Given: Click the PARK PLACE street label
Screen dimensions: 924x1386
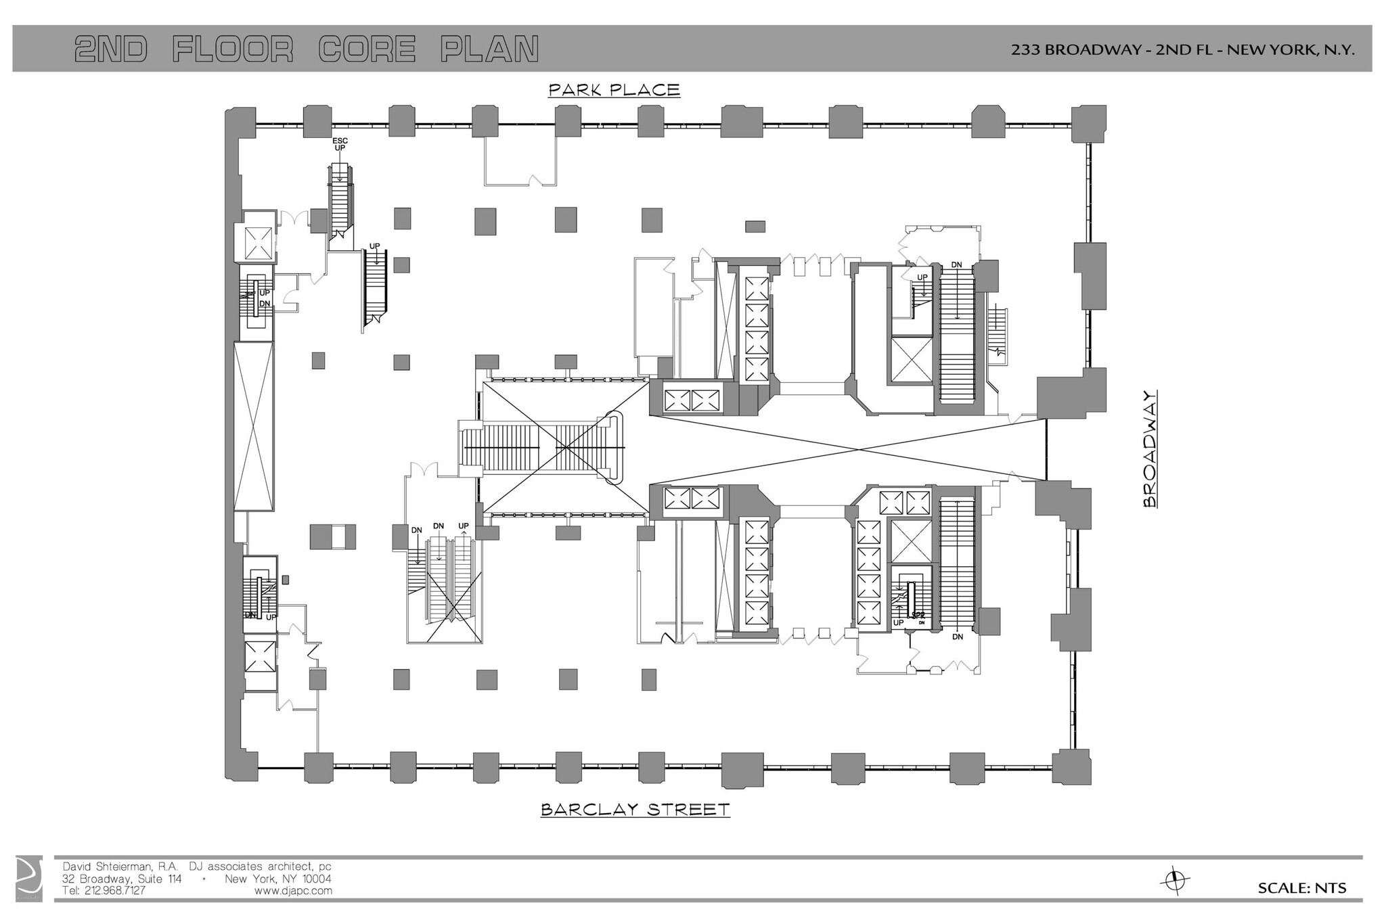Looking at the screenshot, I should tap(614, 90).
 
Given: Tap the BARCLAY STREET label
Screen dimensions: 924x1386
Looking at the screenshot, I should tap(635, 810).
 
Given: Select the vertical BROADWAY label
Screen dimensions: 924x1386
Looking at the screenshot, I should tap(1149, 448).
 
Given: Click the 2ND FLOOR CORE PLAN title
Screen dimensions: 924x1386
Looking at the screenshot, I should tap(307, 49).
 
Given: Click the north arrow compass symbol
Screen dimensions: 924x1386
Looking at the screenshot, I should tap(1176, 881).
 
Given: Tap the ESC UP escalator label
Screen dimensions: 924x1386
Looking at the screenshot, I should tap(340, 144).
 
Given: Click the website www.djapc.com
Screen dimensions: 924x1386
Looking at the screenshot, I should tap(293, 891).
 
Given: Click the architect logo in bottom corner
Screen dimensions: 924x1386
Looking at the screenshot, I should tap(29, 879).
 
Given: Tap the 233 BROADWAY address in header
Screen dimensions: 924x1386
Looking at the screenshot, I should tap(1182, 49).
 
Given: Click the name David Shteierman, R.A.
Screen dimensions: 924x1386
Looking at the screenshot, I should tap(120, 867).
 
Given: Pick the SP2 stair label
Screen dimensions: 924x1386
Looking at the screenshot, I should tap(918, 615).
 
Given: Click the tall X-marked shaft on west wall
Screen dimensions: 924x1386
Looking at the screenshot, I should tap(254, 426).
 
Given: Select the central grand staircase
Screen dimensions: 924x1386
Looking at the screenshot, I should tap(541, 448).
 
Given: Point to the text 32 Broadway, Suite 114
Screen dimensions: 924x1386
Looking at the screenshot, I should tap(122, 879).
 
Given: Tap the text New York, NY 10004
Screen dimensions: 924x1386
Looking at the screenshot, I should tap(277, 879).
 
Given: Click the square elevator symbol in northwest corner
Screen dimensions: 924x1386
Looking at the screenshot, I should tap(257, 243).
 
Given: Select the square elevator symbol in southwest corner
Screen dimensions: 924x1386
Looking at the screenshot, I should tap(260, 657).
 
